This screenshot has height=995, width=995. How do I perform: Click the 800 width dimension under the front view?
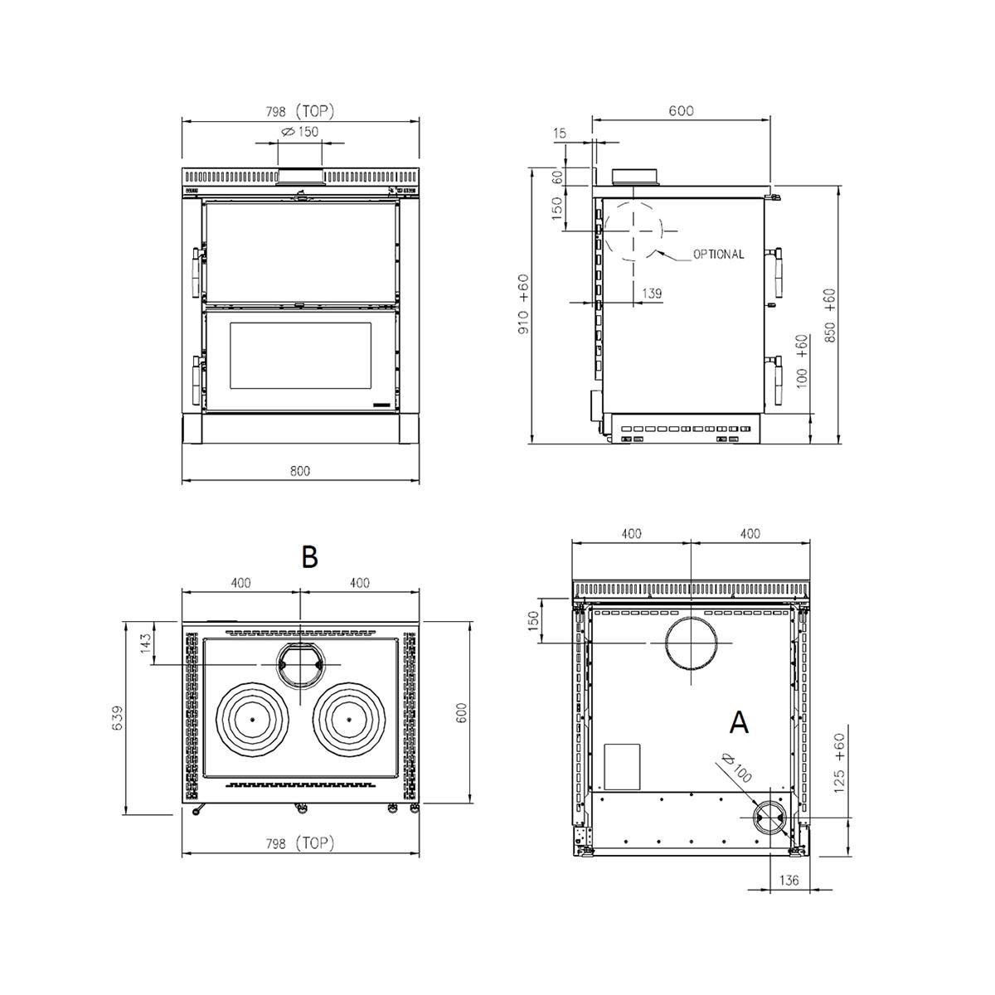tap(299, 471)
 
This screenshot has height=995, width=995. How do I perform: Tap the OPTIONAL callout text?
tap(718, 254)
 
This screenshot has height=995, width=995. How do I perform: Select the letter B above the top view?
tap(309, 557)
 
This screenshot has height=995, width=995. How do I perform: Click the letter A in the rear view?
tap(739, 722)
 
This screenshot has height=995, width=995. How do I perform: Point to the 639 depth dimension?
tap(119, 718)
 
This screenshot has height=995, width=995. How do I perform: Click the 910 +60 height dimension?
tap(523, 304)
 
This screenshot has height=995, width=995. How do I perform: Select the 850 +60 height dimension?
tap(830, 315)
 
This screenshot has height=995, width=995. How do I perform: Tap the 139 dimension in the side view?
tap(652, 294)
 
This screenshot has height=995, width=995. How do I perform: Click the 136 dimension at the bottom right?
tap(789, 880)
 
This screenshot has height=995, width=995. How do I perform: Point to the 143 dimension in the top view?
tap(146, 643)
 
